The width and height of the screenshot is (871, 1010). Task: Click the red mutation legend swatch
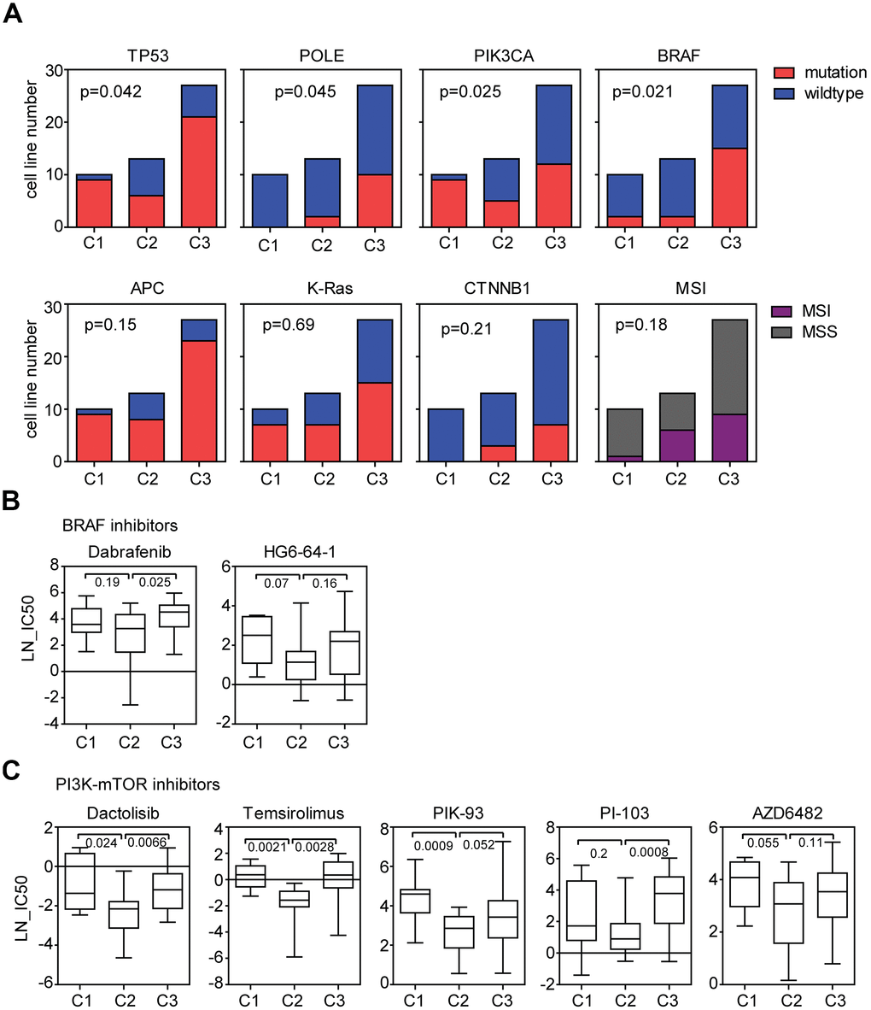click(787, 73)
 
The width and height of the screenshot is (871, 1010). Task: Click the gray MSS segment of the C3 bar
click(729, 366)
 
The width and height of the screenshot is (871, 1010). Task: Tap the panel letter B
click(13, 501)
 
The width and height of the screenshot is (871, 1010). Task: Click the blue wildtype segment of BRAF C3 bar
click(729, 116)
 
